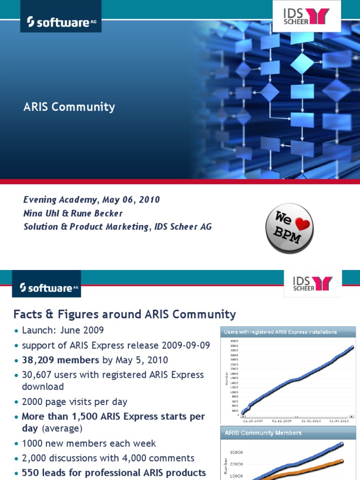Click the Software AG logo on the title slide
tap(54, 22)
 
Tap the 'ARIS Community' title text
tap(69, 107)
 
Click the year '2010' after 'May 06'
tap(149, 200)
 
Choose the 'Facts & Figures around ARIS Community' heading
tap(125, 314)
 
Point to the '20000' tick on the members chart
tap(235, 464)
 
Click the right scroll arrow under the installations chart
tap(352, 416)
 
